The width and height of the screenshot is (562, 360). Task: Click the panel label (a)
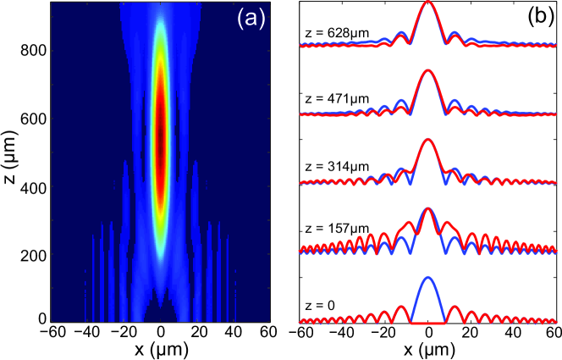(x=250, y=17)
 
